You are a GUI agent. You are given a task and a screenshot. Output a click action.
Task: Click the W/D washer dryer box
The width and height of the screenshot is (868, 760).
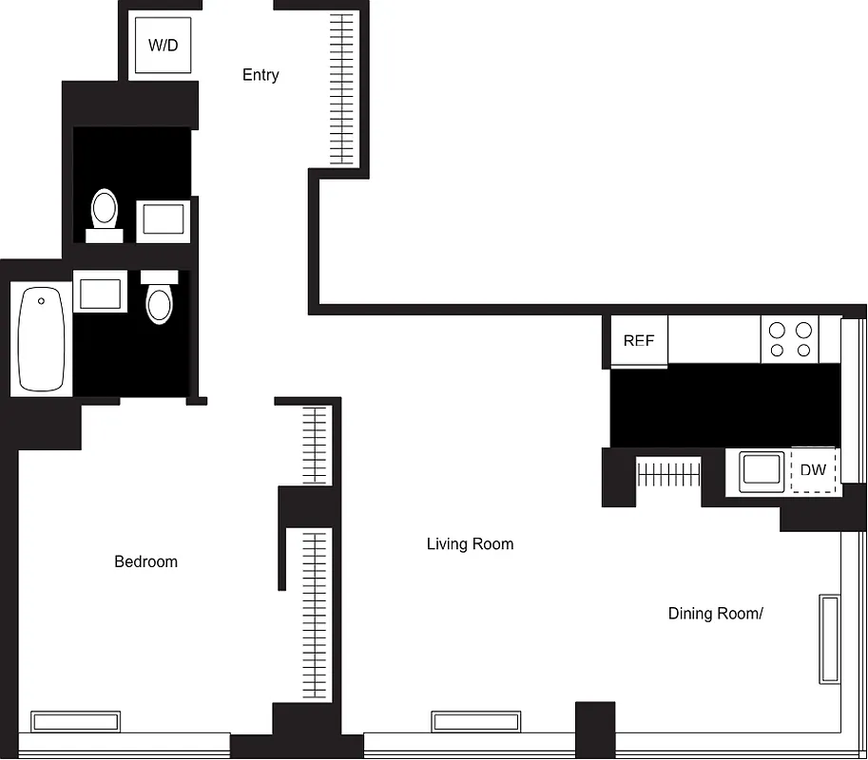click(x=164, y=45)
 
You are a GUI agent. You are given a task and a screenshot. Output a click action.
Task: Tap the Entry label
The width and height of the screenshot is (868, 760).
click(x=260, y=75)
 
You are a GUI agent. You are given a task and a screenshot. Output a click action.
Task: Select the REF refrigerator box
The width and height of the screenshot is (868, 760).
click(x=638, y=340)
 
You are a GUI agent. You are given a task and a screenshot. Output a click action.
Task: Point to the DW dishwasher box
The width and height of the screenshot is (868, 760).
click(x=813, y=470)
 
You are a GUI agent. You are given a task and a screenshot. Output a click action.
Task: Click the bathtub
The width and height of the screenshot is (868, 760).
click(x=41, y=339)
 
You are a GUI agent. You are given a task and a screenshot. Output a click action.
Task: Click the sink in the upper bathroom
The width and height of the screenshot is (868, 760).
click(x=164, y=221)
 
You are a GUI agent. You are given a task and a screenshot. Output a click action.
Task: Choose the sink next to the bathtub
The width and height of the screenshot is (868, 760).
click(x=100, y=294)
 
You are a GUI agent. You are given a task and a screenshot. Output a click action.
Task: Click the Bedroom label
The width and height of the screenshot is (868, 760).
click(x=145, y=561)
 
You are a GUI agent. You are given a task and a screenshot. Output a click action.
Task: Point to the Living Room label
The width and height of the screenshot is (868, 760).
click(x=470, y=544)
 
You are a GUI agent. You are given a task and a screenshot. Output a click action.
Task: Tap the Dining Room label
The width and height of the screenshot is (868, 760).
click(x=715, y=614)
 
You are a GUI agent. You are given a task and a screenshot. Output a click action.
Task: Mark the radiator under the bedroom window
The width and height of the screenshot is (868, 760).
click(x=76, y=722)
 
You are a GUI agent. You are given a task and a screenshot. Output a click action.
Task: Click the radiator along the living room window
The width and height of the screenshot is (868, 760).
click(x=475, y=722)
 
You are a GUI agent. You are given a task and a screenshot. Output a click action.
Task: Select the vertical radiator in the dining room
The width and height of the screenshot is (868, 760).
click(x=829, y=638)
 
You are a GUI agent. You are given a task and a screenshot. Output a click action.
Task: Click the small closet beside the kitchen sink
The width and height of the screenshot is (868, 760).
click(x=668, y=472)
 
